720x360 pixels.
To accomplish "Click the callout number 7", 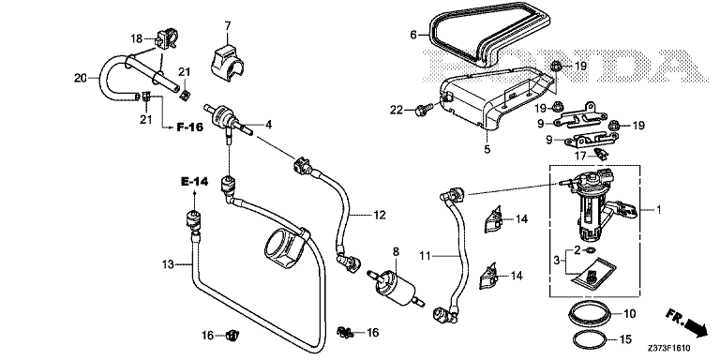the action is pos(227,25).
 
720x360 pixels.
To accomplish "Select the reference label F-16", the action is pos(190,127).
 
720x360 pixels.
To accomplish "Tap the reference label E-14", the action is pos(194,182).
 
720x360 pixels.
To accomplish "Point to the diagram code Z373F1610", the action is pos(671,350).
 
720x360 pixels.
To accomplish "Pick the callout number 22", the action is pos(397,111).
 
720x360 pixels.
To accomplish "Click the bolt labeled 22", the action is pos(422,111).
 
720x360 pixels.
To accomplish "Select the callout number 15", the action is pos(626,340).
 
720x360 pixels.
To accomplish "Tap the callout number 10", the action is pos(630,314).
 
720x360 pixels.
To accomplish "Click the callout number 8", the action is pos(396,251).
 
